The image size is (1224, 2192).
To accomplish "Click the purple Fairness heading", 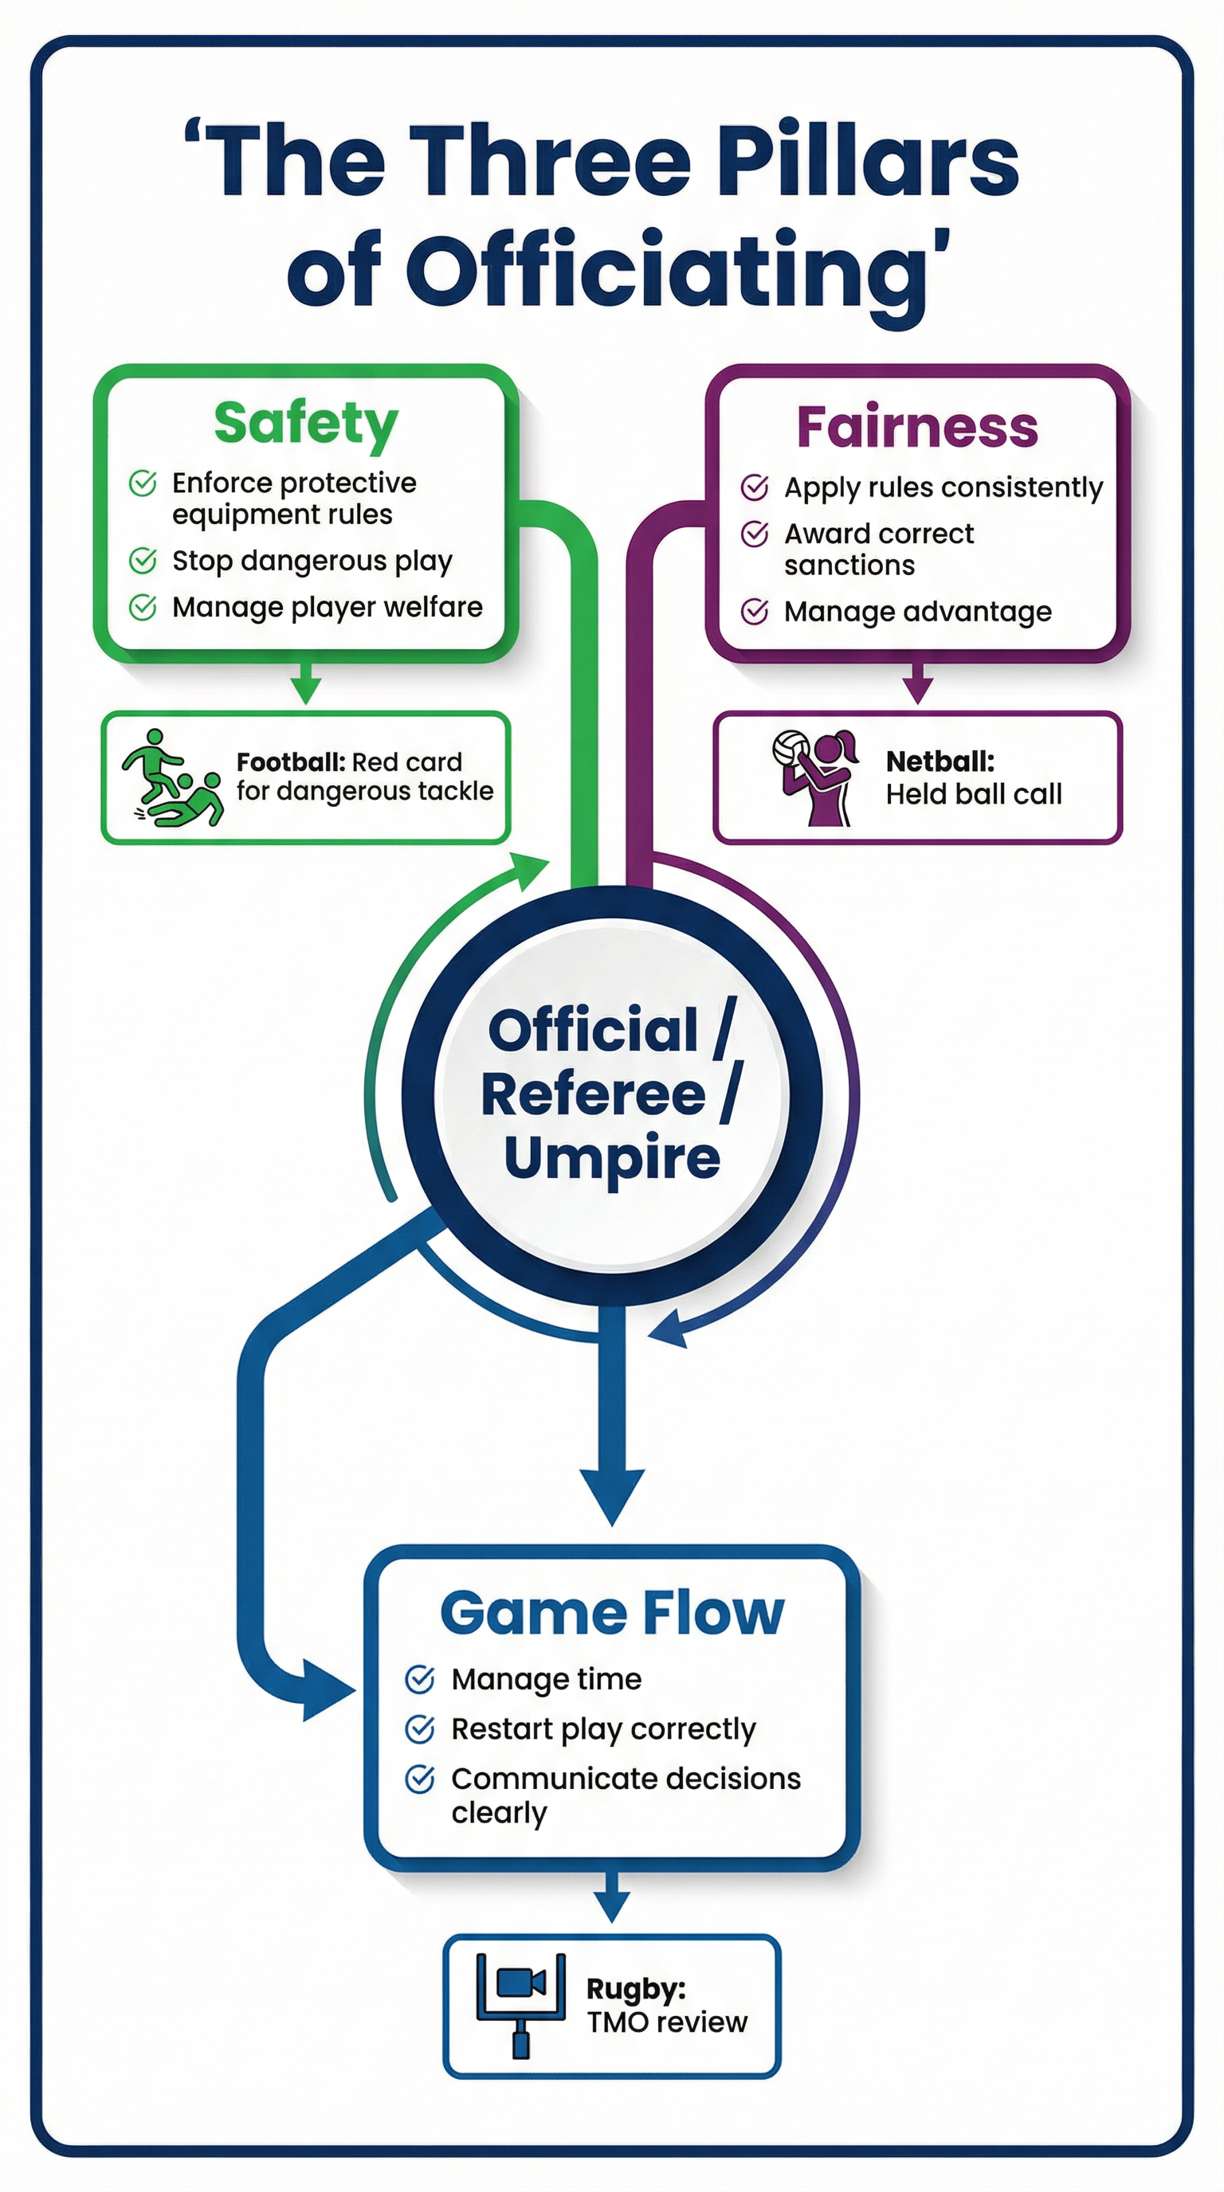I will tap(916, 427).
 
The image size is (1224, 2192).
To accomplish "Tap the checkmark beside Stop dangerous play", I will tap(142, 561).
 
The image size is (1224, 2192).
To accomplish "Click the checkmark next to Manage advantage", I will tap(754, 611).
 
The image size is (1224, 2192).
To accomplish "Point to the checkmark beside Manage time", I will tap(420, 1679).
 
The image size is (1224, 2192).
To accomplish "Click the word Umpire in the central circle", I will tap(611, 1157).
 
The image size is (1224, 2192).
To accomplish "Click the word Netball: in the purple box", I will tap(940, 761).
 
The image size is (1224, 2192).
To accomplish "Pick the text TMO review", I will tap(666, 2022).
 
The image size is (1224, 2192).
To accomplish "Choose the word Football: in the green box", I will tap(289, 761).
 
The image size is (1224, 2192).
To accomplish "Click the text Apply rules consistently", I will tap(943, 487).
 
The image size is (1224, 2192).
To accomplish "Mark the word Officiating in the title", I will tap(666, 271).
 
